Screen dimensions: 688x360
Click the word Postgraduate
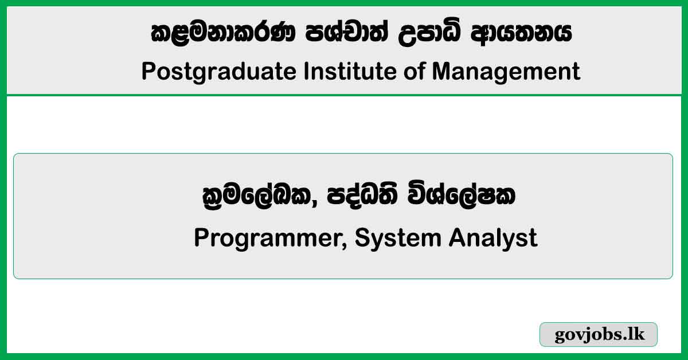pos(219,72)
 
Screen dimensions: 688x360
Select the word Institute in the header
pos(350,71)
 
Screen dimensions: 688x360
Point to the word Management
pos(506,72)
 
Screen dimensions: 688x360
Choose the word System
pos(398,238)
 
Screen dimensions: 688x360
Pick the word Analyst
pos(493,238)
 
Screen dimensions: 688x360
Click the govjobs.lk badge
pos(599,334)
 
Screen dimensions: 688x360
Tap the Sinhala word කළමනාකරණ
pos(223,33)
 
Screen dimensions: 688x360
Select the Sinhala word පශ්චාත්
pos(347,33)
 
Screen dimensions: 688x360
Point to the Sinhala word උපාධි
pos(429,33)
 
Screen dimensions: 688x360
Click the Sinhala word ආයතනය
pos(521,33)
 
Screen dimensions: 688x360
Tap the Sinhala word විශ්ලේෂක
pos(462,195)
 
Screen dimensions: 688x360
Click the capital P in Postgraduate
pos(149,71)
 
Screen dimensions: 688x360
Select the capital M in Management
pos(441,71)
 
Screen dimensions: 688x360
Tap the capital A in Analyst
pos(457,237)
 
